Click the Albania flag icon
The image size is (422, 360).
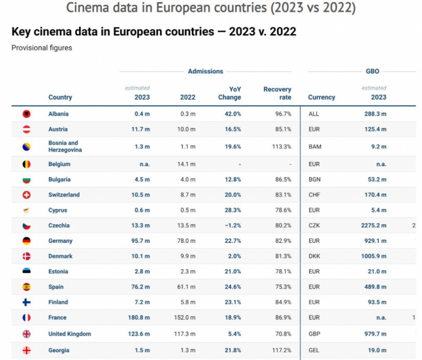[x=26, y=114]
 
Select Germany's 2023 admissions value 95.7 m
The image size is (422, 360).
[x=139, y=241]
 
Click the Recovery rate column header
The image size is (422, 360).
[x=277, y=93]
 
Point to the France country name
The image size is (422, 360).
[x=58, y=318]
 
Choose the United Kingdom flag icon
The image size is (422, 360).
[x=26, y=334]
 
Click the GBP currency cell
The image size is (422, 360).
[x=314, y=334]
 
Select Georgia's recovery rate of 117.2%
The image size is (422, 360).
[x=280, y=350]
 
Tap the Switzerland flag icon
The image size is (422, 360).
[x=26, y=195]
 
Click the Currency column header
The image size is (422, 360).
[x=321, y=97]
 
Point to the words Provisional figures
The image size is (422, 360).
[x=42, y=48]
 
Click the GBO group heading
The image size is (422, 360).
[x=372, y=71]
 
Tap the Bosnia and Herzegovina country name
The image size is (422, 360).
[x=65, y=146]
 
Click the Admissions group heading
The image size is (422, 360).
[x=205, y=71]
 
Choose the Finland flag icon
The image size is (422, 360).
[x=26, y=302]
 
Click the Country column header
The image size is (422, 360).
[x=60, y=97]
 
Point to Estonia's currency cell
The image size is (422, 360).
[x=314, y=272]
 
